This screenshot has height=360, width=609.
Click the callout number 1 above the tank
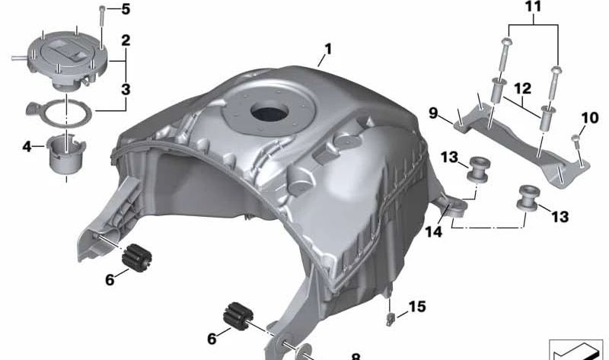(x=328, y=49)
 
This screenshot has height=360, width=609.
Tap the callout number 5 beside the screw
(x=126, y=9)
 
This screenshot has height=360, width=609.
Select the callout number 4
(x=27, y=147)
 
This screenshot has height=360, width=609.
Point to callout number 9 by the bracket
(x=433, y=113)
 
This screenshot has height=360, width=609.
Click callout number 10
(x=589, y=118)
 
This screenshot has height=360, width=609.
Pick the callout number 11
(x=533, y=7)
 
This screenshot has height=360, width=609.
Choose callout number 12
(x=523, y=88)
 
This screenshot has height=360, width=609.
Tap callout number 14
(x=433, y=232)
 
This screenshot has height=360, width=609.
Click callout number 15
(x=417, y=307)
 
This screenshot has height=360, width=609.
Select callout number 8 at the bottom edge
(x=356, y=356)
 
